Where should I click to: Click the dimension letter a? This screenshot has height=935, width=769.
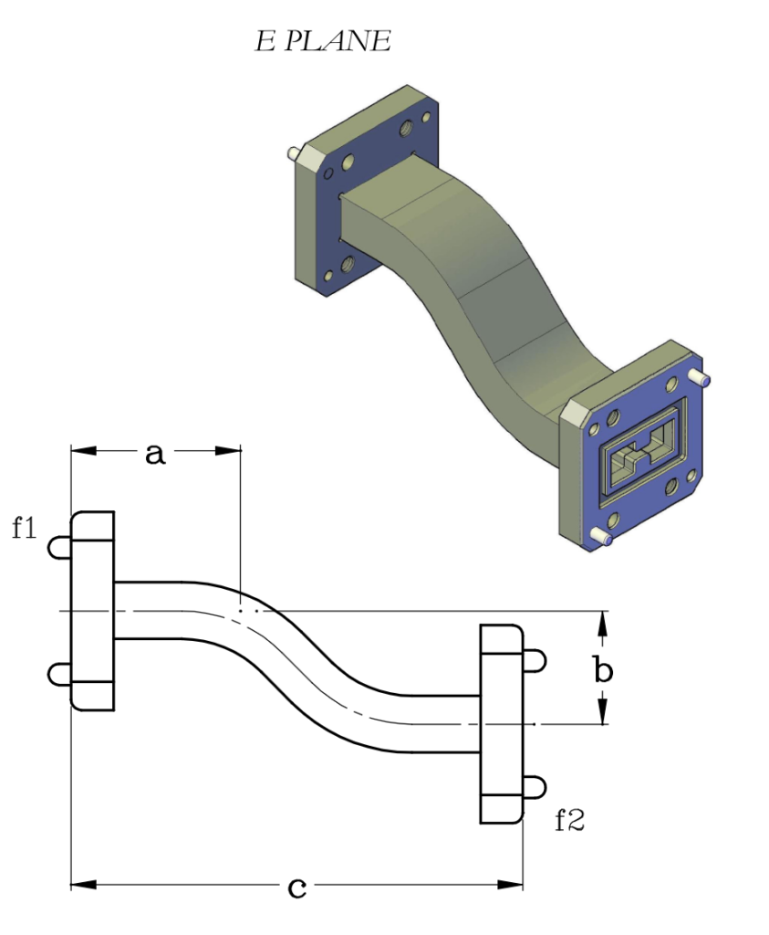coord(156,454)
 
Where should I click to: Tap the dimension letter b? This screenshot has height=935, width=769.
coord(603,671)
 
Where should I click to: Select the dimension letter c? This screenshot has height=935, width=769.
coord(296,887)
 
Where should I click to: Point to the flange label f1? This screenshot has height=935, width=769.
coord(24,528)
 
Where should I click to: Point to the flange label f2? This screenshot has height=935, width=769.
coord(569,820)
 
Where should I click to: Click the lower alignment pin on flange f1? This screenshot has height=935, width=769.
coord(59,674)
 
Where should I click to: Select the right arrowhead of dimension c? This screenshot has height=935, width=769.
coord(512,884)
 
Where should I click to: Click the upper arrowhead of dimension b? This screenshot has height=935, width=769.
coord(602,622)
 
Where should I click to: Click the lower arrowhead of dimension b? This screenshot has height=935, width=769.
coord(602,714)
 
